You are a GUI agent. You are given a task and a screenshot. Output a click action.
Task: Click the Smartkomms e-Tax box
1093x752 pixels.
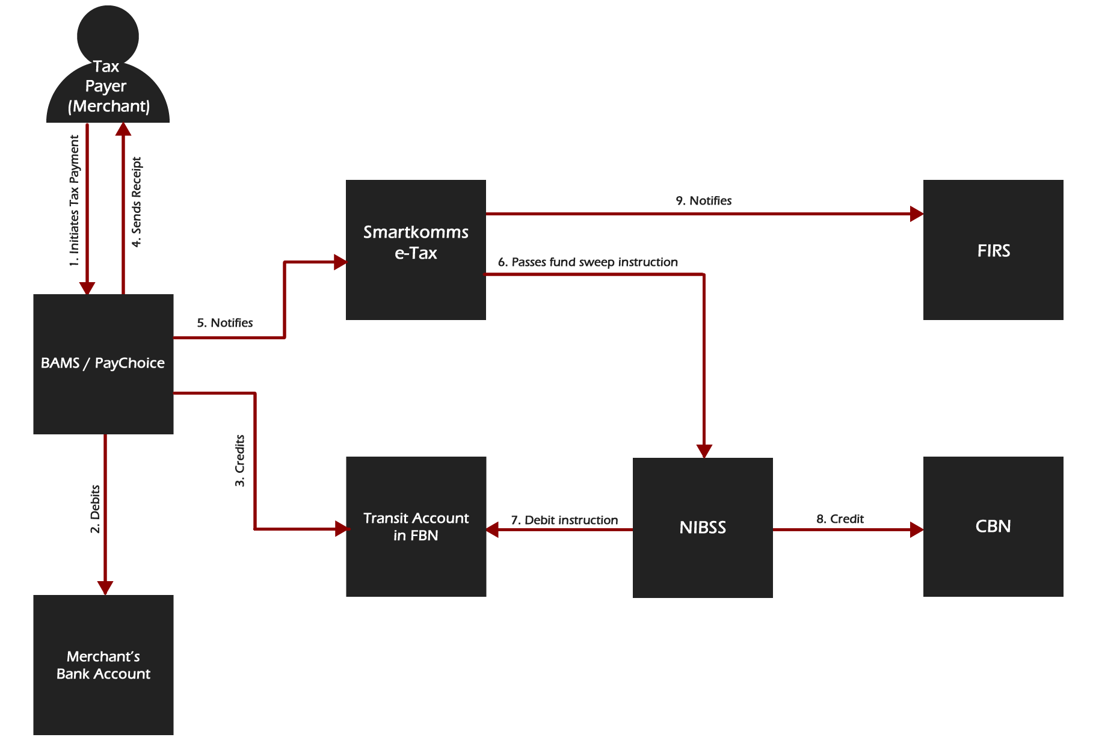tap(416, 250)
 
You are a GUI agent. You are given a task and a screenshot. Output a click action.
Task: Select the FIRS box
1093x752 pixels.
tap(993, 250)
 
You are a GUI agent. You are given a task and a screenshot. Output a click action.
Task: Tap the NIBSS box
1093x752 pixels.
tap(703, 528)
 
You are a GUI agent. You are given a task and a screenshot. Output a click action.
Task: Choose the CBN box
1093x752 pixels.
tap(993, 526)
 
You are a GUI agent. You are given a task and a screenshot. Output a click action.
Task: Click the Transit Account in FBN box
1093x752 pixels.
tap(416, 526)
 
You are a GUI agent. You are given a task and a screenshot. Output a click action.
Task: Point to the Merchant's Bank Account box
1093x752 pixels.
tap(103, 665)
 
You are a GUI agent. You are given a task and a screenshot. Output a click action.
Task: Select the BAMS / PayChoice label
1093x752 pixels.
tap(103, 363)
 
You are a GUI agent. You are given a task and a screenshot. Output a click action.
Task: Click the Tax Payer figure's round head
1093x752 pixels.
tap(108, 35)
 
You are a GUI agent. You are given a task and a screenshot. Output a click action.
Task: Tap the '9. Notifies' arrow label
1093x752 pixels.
tap(703, 201)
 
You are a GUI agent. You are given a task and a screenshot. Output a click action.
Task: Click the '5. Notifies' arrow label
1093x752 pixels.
tap(225, 323)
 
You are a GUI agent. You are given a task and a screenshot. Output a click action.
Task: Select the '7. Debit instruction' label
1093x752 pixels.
tap(564, 520)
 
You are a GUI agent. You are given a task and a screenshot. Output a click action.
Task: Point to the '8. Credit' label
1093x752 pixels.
tap(840, 519)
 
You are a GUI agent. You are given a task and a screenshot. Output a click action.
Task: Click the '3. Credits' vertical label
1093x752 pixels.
tap(240, 461)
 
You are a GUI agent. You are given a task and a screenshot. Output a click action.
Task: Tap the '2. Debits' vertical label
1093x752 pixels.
tap(95, 510)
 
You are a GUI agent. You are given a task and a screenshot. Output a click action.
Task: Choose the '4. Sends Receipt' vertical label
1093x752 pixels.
tap(137, 202)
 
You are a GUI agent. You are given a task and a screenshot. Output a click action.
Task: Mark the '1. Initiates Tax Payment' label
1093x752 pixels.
tap(74, 205)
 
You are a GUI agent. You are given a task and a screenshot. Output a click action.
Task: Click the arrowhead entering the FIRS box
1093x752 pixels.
tap(917, 214)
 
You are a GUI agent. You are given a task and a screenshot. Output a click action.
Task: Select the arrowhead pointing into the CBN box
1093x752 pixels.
tap(917, 529)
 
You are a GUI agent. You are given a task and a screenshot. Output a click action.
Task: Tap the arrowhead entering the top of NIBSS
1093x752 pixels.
tap(704, 451)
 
